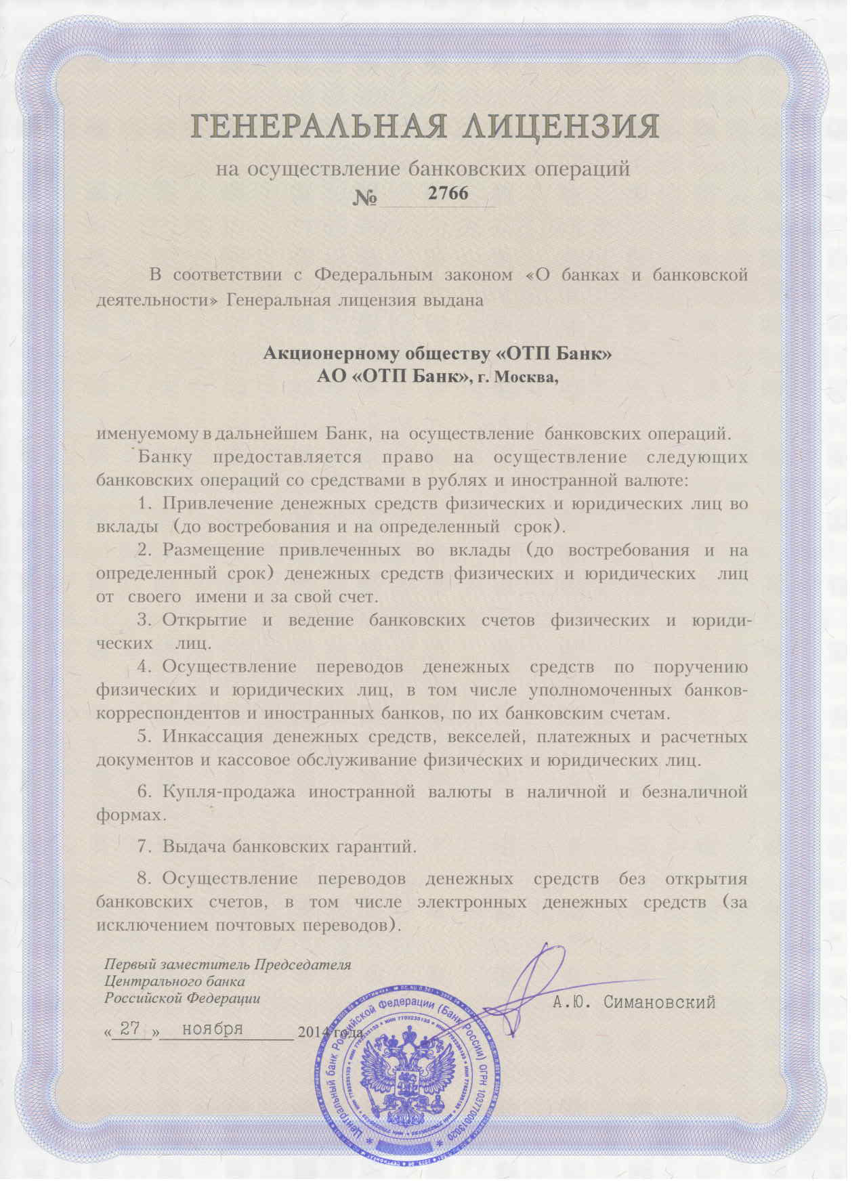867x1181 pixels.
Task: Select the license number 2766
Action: pyautogui.click(x=448, y=193)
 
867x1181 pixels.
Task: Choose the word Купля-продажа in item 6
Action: pyautogui.click(x=230, y=792)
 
